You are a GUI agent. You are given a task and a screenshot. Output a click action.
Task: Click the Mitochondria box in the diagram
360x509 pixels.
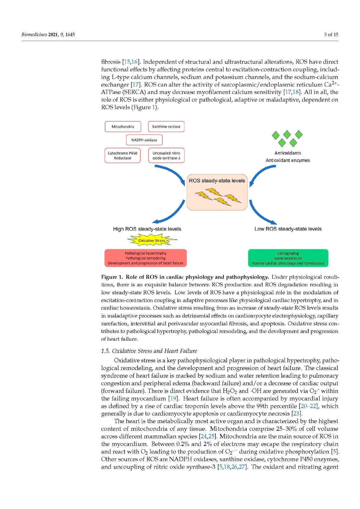(x=123, y=127)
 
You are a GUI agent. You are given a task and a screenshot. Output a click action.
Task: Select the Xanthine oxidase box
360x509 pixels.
(x=166, y=127)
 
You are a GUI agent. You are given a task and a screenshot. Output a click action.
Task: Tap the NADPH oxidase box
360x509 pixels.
(x=144, y=140)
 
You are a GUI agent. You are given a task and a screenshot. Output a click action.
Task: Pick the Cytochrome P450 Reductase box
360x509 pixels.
(x=123, y=156)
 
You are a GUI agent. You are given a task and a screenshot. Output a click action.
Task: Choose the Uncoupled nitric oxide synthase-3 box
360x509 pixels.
(x=166, y=156)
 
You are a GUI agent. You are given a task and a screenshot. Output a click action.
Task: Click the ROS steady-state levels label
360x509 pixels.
(x=217, y=181)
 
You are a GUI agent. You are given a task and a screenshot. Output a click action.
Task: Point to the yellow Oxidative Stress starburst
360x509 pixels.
(x=152, y=241)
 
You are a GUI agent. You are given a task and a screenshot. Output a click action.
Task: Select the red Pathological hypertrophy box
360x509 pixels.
(x=145, y=258)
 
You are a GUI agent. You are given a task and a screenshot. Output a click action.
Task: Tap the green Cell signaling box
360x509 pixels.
(x=288, y=258)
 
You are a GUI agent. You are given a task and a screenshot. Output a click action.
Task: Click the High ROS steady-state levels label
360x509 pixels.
(x=147, y=229)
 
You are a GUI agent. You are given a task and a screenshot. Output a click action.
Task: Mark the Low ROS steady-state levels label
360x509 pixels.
(x=288, y=229)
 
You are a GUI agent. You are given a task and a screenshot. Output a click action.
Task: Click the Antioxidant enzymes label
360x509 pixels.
(x=288, y=160)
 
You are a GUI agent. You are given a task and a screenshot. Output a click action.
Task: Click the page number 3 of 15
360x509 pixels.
(x=331, y=34)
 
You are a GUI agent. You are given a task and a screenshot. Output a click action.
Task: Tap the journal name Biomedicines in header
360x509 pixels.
(x=34, y=34)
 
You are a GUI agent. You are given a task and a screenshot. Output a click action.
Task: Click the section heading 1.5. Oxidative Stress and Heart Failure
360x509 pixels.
(x=149, y=351)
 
